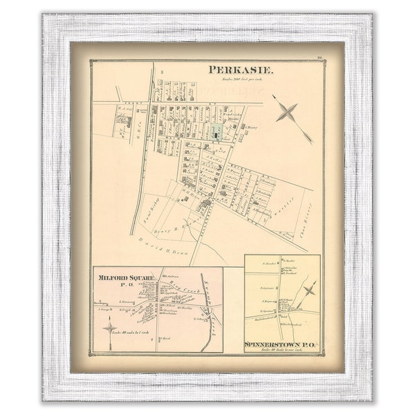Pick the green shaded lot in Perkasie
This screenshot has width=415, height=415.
click(217, 132)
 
